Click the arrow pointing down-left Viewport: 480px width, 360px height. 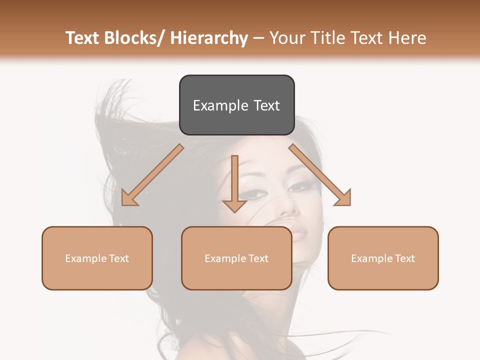point(152,175)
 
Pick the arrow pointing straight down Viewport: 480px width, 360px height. point(234,182)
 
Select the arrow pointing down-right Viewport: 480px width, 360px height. point(320,175)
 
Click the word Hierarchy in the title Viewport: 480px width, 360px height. point(209,38)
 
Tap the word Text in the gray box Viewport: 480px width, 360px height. point(266,105)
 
